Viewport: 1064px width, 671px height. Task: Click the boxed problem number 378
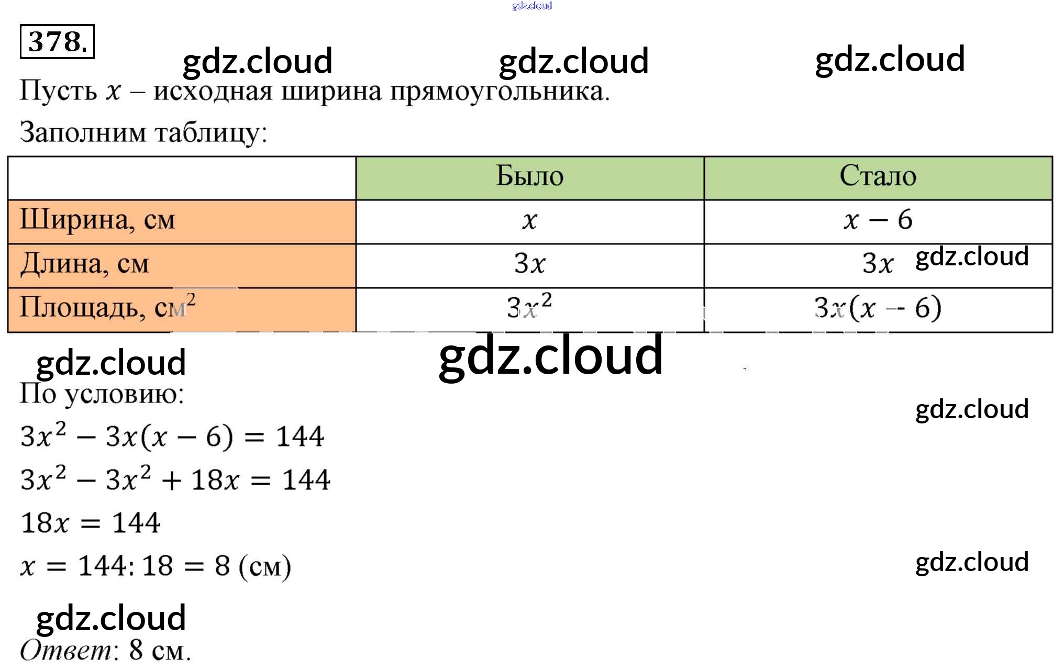coord(57,41)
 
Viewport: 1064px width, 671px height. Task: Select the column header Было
coord(529,176)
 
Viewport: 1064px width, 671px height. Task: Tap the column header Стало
coord(878,176)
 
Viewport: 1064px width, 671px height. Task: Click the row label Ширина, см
coord(97,220)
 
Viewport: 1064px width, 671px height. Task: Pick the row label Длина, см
coord(85,264)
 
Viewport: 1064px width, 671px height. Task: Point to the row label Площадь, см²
coord(107,307)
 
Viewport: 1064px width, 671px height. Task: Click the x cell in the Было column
coord(529,221)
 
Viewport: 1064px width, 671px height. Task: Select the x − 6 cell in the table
coord(878,220)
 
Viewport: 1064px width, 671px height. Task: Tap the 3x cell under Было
coord(529,264)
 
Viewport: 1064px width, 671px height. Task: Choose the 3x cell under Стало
coord(878,264)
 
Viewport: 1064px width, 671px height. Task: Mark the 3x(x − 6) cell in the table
coord(878,308)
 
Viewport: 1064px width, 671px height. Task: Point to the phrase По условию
coord(102,394)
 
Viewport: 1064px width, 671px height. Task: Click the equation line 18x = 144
coord(90,523)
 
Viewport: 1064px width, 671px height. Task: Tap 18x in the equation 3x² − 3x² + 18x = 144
coord(215,480)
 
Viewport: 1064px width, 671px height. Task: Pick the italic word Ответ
coord(66,651)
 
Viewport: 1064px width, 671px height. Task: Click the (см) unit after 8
coord(264,567)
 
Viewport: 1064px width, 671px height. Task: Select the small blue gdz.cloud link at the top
coord(531,6)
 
